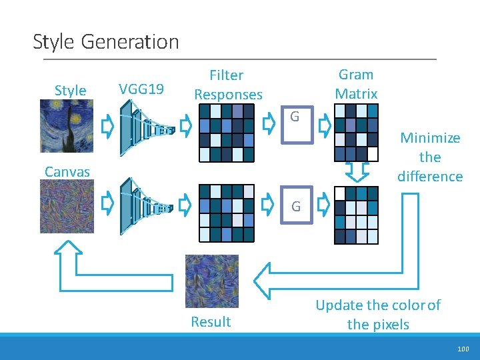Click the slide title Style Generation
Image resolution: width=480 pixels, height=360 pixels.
106,42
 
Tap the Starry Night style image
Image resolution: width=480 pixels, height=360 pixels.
67,126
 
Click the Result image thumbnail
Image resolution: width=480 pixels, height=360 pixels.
211,281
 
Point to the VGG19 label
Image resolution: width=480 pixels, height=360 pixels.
141,88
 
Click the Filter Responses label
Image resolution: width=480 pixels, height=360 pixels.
227,85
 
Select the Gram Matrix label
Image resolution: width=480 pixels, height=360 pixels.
356,84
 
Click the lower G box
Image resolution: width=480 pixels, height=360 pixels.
296,206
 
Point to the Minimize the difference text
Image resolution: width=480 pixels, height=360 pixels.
430,157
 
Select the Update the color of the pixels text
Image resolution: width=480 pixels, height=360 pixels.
377,315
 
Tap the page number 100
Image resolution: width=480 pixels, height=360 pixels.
463,349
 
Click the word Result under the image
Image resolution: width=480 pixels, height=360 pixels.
211,322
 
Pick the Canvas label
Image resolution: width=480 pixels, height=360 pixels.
67,172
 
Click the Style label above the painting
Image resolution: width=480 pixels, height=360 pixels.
70,91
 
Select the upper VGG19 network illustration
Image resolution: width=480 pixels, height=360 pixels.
147,125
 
